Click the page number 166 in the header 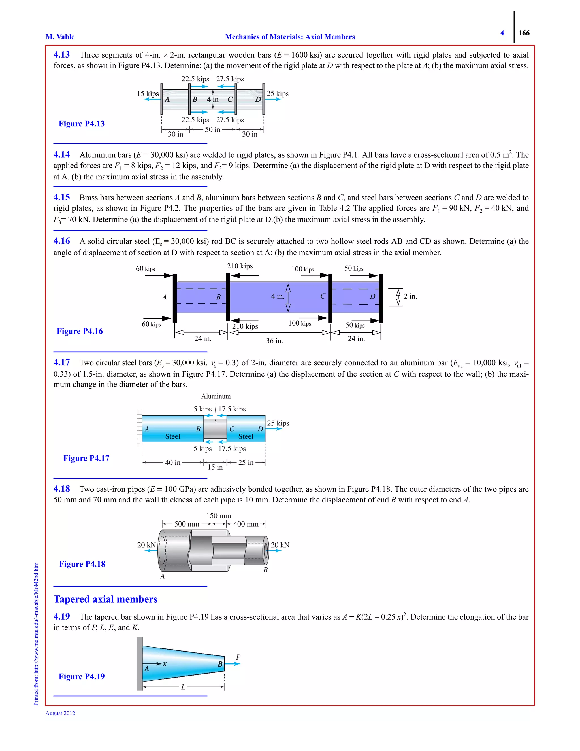click(524, 33)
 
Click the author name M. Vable click(60, 37)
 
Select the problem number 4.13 click(61, 55)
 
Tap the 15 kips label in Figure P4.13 click(148, 94)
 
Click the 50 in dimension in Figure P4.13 click(212, 130)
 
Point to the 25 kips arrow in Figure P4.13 click(274, 99)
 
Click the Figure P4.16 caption click(80, 331)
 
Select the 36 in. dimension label click(274, 341)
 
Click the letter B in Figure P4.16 click(218, 297)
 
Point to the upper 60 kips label click(145, 269)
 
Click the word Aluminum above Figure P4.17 click(216, 396)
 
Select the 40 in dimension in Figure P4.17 click(172, 463)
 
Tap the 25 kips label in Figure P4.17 click(278, 423)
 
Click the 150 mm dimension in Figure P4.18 click(219, 516)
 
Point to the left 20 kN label click(146, 545)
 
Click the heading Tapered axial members click(105, 599)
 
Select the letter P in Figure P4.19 click(238, 657)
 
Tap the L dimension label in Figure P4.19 click(183, 687)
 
